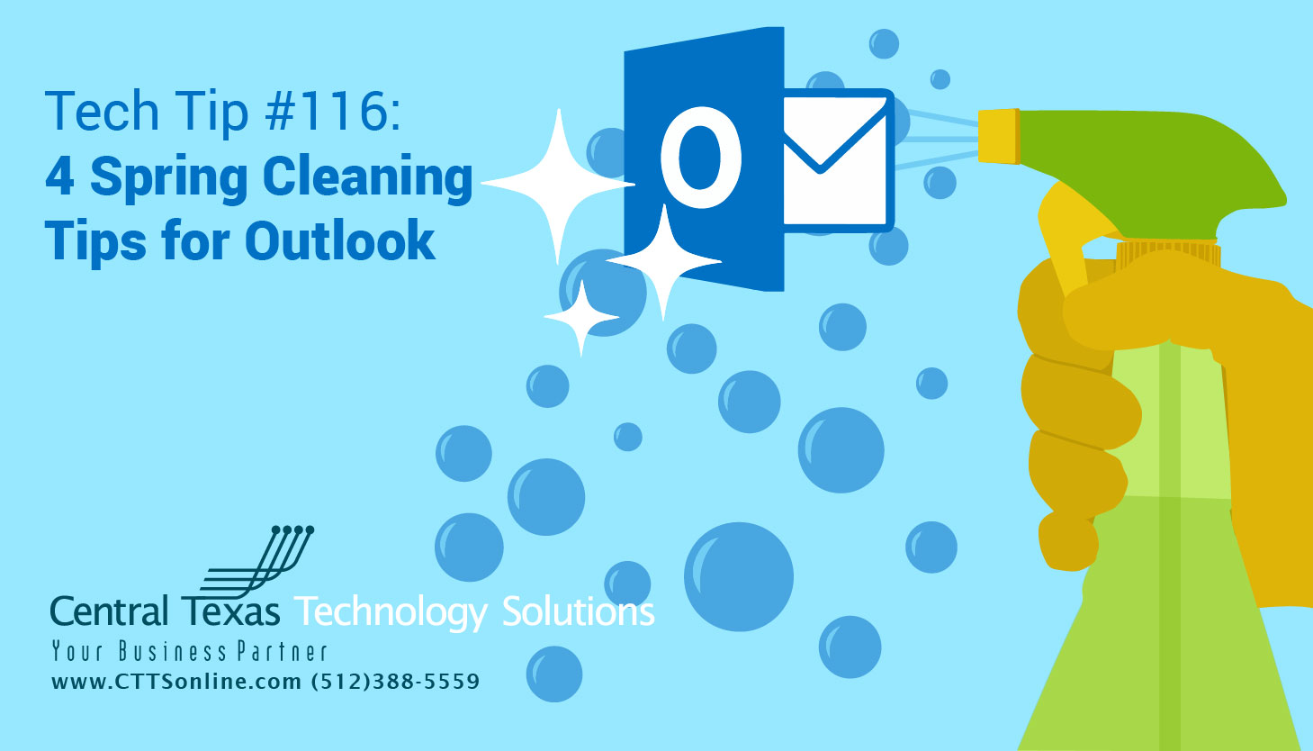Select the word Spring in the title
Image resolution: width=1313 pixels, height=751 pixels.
click(169, 178)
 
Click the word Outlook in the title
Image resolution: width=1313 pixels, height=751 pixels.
click(340, 241)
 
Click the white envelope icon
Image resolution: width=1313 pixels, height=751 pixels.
click(836, 160)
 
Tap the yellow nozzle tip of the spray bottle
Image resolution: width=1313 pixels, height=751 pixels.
click(998, 137)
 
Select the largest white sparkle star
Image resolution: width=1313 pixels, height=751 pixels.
click(559, 185)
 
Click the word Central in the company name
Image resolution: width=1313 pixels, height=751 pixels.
click(109, 611)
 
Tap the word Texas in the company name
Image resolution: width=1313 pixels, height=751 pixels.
click(231, 611)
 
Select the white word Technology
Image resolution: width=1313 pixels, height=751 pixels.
click(391, 612)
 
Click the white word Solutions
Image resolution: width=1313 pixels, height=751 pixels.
click(578, 611)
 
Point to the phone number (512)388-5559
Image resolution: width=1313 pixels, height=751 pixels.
click(395, 682)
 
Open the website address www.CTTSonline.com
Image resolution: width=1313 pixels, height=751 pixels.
click(176, 682)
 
